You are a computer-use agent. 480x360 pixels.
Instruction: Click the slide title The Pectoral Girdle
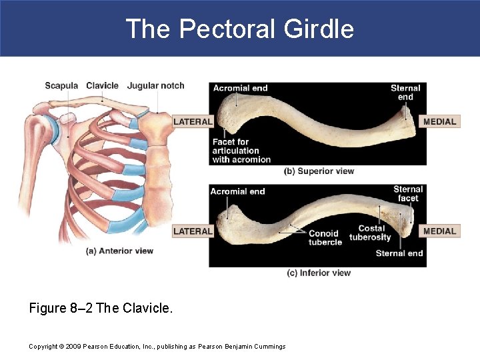coord(239,29)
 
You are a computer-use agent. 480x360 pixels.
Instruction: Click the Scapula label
coord(61,85)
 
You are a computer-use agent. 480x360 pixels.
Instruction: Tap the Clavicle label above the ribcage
coord(102,85)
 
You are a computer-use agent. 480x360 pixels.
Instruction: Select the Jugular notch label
coord(155,85)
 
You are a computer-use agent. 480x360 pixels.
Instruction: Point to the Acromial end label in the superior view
coord(240,88)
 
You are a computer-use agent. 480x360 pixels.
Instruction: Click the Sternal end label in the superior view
coord(405,92)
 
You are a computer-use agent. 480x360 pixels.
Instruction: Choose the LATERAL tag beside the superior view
coord(193,121)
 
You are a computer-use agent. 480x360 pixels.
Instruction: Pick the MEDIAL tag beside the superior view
coord(440,121)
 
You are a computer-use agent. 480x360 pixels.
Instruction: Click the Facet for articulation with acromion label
coord(241,151)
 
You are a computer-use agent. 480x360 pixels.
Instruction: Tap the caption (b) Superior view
coord(319,171)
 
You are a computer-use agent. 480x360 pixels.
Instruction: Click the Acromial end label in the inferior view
coord(237,191)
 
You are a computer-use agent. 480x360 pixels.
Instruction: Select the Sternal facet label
coord(407,193)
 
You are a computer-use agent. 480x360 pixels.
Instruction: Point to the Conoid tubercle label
coord(325,237)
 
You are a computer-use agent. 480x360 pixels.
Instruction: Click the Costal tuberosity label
coord(370,233)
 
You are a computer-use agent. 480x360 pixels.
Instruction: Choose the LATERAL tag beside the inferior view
coord(193,231)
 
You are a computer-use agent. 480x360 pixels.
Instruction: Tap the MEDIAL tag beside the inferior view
coord(440,231)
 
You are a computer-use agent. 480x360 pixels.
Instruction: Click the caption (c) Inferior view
coord(319,273)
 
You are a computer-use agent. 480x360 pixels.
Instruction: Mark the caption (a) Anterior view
coord(120,251)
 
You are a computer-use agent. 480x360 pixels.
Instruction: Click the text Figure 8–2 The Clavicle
coord(101,309)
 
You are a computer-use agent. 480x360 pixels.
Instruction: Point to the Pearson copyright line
coord(157,346)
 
